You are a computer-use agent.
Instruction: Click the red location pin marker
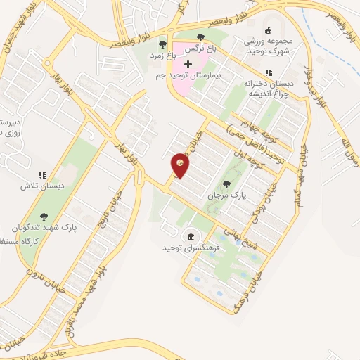coord(180,166)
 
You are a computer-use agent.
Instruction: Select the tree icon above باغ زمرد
coord(163,44)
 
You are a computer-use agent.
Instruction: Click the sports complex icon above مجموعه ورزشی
coord(267,30)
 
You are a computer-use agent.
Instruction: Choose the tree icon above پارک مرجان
coord(226,184)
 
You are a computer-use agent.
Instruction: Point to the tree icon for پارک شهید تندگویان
coord(44,217)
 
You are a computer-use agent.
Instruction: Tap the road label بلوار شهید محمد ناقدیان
coord(83,301)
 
